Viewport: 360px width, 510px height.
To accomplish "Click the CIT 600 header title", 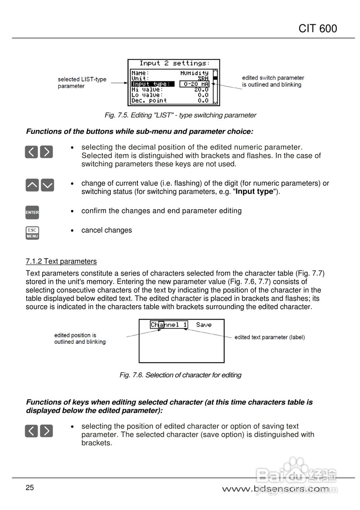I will (317, 28).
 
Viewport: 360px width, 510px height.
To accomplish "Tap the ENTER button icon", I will (32, 212).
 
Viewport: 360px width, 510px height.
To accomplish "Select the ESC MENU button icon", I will (32, 233).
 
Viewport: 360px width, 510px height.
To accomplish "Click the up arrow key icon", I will (32, 185).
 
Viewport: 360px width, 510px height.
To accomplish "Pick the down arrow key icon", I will (47, 185).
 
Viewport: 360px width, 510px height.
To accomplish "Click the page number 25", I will (30, 488).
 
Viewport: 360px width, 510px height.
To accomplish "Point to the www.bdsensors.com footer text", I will (276, 489).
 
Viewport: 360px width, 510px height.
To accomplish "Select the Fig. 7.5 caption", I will (180, 115).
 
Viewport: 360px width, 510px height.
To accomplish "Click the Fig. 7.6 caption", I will (180, 375).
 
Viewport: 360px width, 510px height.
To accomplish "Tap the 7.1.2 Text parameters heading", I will (61, 261).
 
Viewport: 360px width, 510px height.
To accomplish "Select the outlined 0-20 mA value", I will (194, 84).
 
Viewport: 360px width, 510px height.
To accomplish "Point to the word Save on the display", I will (203, 325).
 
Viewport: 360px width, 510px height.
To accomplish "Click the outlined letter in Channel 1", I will (161, 325).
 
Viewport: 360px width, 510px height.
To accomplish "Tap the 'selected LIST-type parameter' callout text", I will (82, 82).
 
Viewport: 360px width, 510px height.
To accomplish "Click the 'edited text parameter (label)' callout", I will (270, 337).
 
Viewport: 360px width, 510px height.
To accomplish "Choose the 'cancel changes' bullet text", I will (106, 230).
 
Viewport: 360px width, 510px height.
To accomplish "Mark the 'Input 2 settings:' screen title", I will (174, 63).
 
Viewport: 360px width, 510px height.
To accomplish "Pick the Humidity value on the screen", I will (194, 73).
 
